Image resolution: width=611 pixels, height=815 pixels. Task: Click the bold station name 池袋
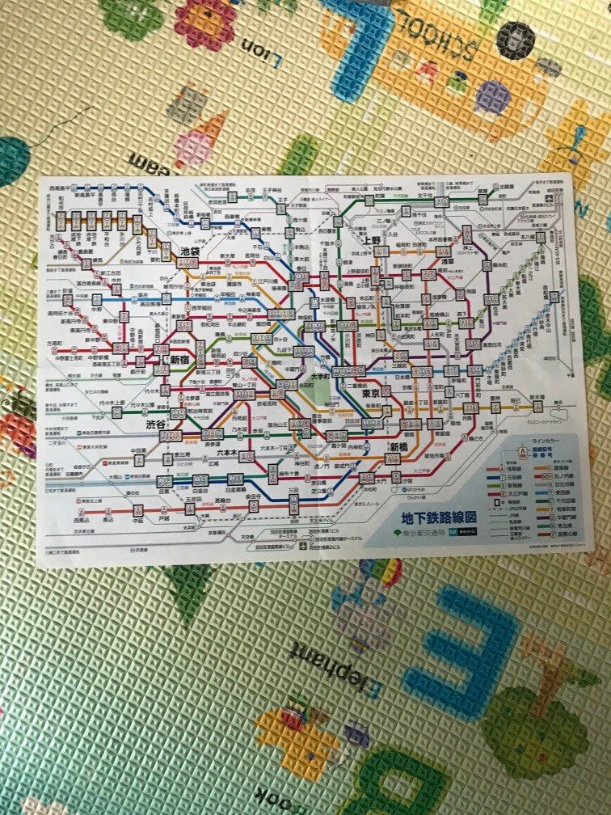[191, 251]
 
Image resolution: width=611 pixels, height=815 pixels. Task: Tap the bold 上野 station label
[371, 240]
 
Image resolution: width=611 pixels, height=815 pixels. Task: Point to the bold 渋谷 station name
[156, 425]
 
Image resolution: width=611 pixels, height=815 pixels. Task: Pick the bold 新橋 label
[400, 447]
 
